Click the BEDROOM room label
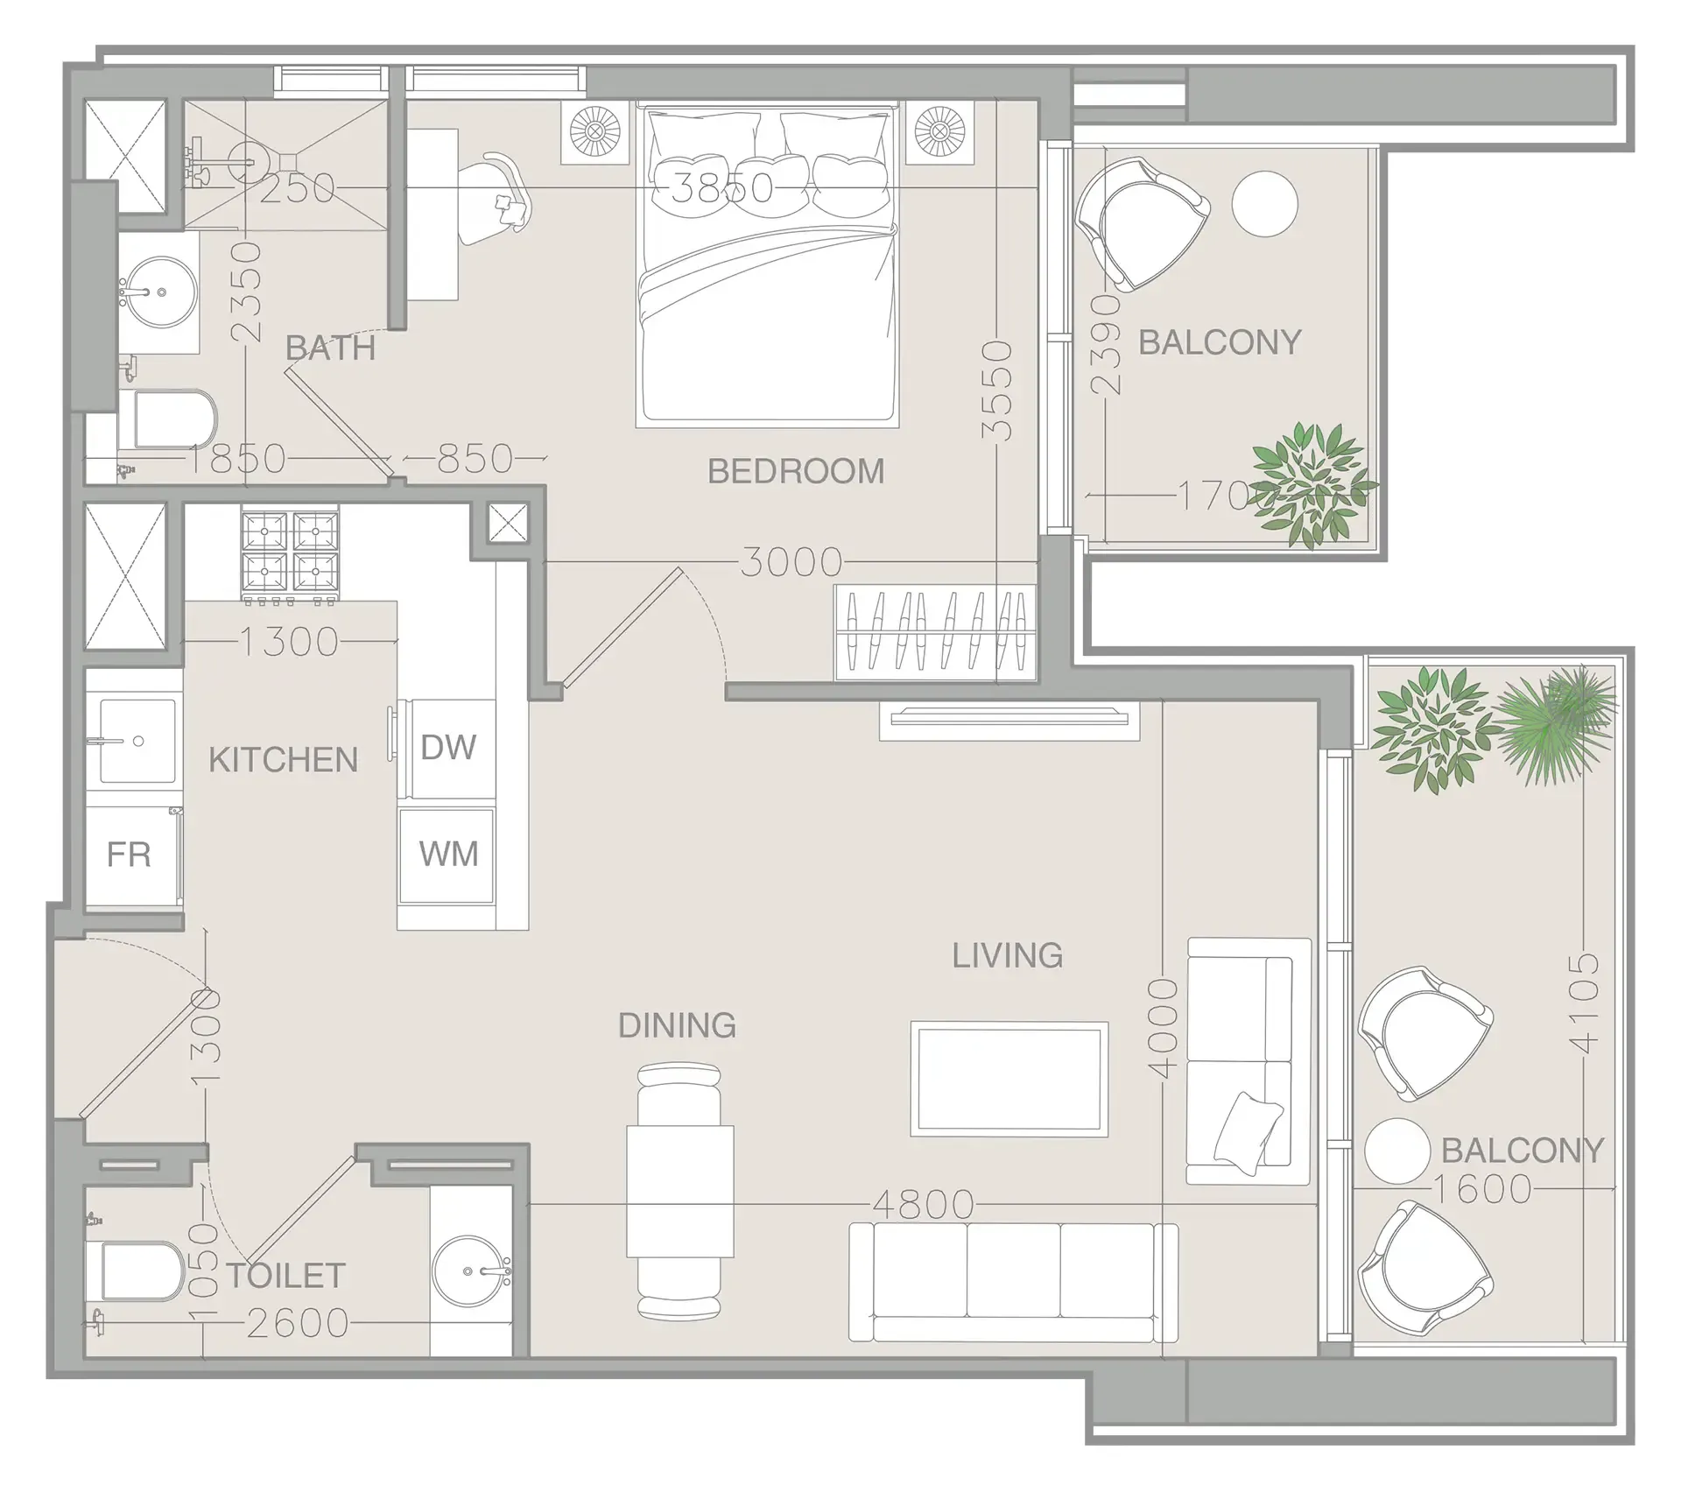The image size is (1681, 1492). click(x=795, y=471)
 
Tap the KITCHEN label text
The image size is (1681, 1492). click(x=283, y=759)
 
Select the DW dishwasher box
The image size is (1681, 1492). click(x=447, y=748)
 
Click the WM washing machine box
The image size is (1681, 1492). click(x=447, y=854)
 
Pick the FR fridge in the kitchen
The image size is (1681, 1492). click(x=130, y=854)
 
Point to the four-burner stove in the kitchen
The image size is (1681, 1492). click(x=289, y=554)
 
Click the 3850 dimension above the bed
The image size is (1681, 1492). click(x=721, y=187)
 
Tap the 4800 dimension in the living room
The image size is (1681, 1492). click(x=923, y=1205)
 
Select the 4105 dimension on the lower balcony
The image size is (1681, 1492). click(x=1585, y=1003)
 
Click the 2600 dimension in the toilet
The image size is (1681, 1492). click(x=298, y=1324)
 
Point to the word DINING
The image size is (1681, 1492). click(x=677, y=1025)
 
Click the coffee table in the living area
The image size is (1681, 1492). click(x=1009, y=1079)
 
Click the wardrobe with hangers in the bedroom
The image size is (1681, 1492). click(x=935, y=631)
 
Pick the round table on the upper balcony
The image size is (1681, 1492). click(x=1264, y=202)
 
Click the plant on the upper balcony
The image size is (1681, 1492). click(x=1311, y=483)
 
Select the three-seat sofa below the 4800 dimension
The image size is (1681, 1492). click(x=1013, y=1283)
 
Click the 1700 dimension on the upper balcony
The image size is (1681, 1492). click(x=1221, y=496)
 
